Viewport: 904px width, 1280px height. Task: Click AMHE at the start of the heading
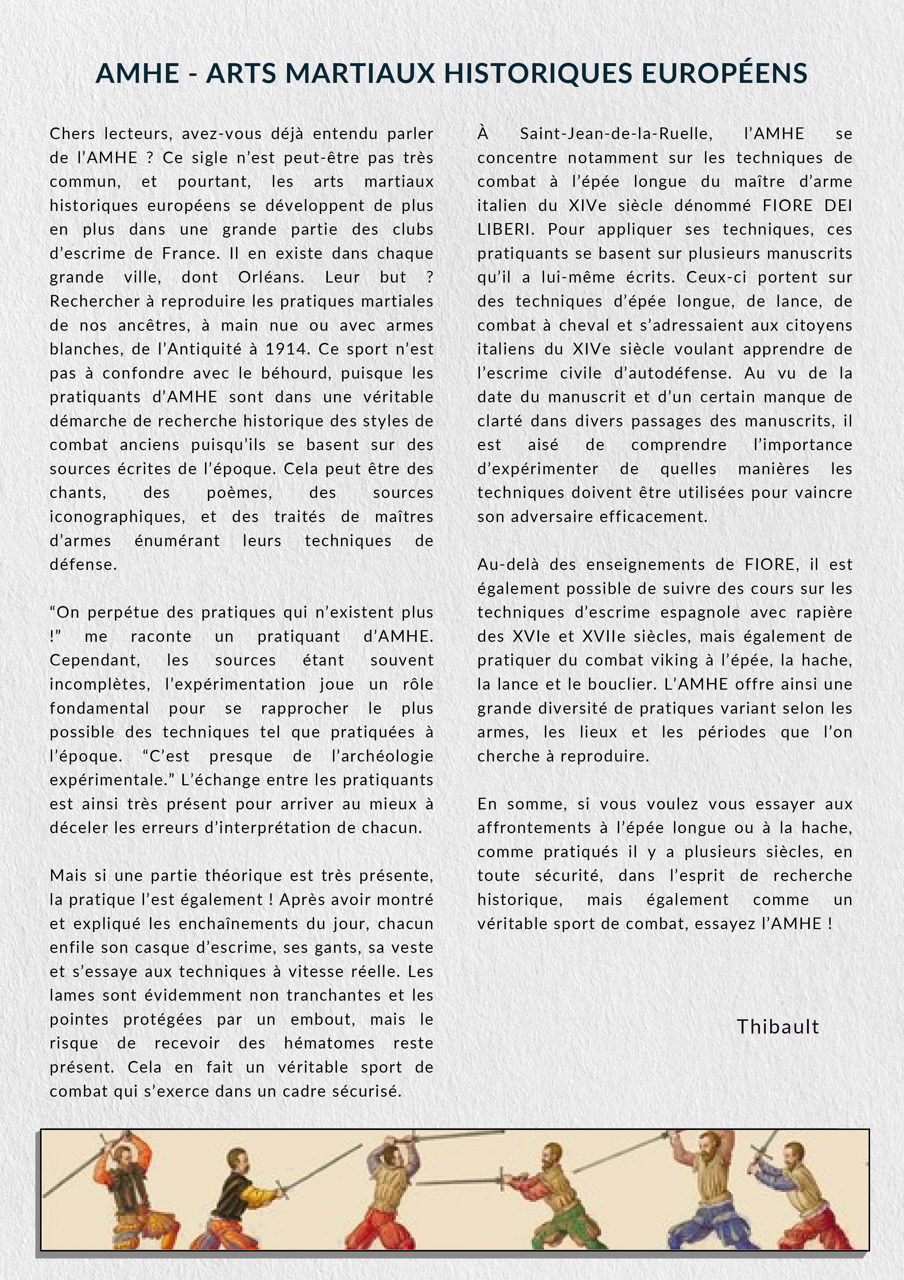(137, 73)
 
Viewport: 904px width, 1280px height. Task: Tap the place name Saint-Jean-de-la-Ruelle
(616, 134)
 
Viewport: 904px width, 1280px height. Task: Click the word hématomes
(329, 1043)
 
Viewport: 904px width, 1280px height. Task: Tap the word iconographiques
(116, 517)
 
